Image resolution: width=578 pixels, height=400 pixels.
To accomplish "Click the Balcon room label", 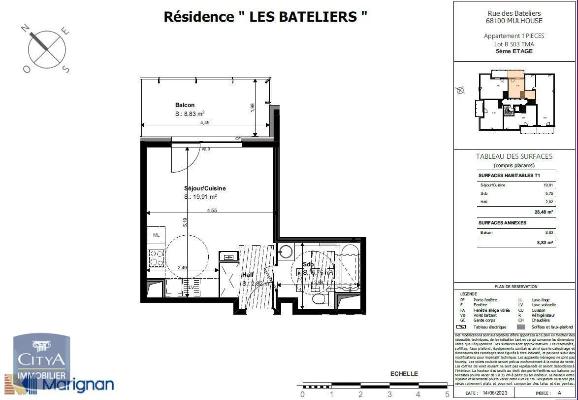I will coord(185,105).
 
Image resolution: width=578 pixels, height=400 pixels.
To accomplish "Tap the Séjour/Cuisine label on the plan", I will coord(205,188).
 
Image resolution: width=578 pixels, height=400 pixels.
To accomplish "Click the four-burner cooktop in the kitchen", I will coord(156,258).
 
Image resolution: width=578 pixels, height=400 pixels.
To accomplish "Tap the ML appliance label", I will coord(156,235).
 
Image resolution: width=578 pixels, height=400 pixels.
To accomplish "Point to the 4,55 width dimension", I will coord(212,210).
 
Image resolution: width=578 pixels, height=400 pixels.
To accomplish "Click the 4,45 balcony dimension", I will coord(205,123).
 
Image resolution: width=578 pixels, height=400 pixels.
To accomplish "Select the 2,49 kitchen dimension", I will coord(182,268).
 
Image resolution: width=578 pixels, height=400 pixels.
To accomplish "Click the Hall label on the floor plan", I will coord(248,275).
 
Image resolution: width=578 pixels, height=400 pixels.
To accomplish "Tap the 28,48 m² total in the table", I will coord(544,212).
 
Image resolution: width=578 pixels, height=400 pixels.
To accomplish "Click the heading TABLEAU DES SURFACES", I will coord(514,156).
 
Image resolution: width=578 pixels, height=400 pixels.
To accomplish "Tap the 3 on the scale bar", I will coord(389,394).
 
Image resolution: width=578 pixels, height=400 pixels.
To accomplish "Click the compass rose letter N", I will coord(24,29).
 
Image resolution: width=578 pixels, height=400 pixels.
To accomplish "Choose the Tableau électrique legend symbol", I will coord(461,327).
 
